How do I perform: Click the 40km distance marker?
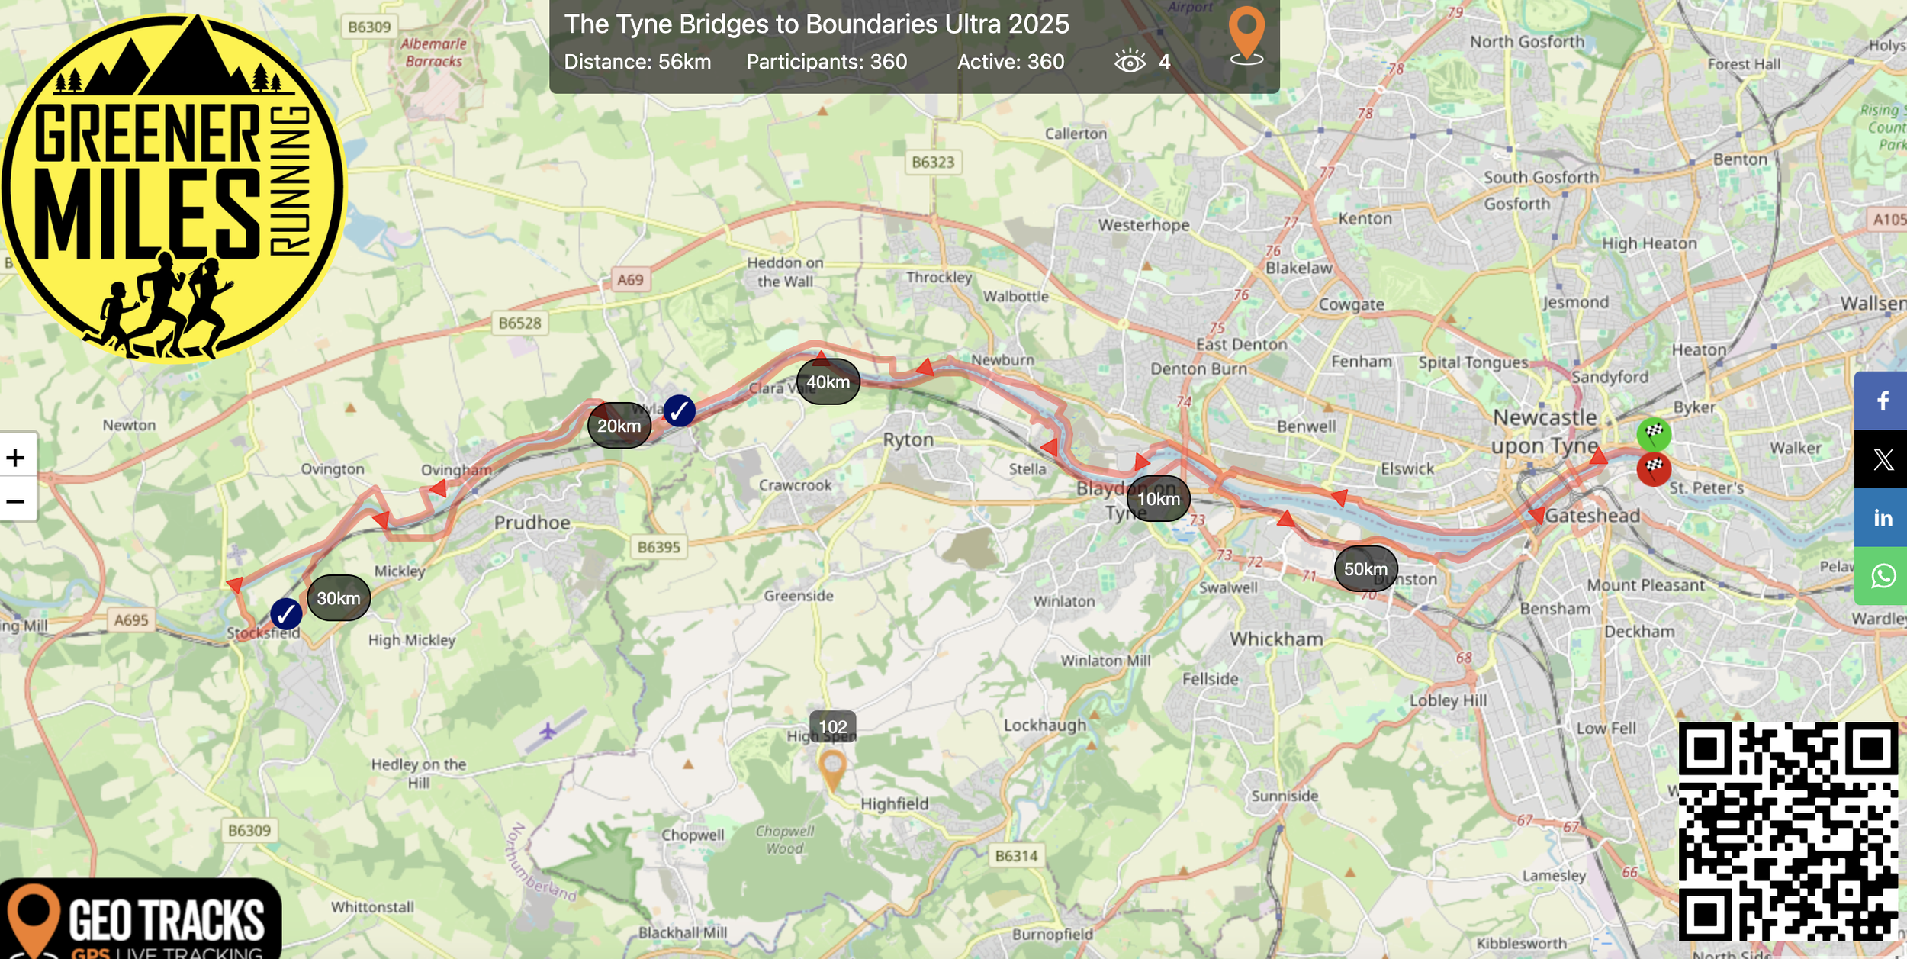click(x=828, y=381)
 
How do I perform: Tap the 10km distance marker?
click(x=1158, y=499)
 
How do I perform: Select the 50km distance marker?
click(x=1365, y=569)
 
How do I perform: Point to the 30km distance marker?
click(x=339, y=598)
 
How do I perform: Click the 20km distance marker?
click(x=619, y=426)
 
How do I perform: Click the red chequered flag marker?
click(x=1654, y=468)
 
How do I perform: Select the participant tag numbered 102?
click(x=832, y=726)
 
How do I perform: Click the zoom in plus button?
click(x=16, y=458)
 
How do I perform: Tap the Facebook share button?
click(x=1882, y=401)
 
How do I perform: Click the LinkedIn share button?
click(x=1882, y=519)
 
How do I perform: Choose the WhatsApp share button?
click(x=1882, y=576)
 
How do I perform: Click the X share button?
click(x=1882, y=459)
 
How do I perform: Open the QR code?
click(x=1787, y=832)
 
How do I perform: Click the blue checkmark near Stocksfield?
click(x=286, y=613)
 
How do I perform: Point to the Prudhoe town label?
click(x=532, y=523)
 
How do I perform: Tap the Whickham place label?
click(x=1276, y=639)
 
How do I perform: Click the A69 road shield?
click(x=630, y=280)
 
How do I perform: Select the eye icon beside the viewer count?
click(x=1130, y=61)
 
